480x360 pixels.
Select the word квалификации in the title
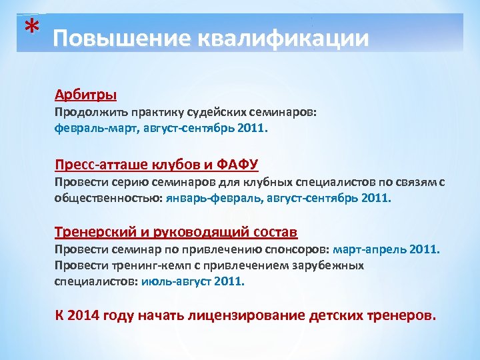coord(279,39)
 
